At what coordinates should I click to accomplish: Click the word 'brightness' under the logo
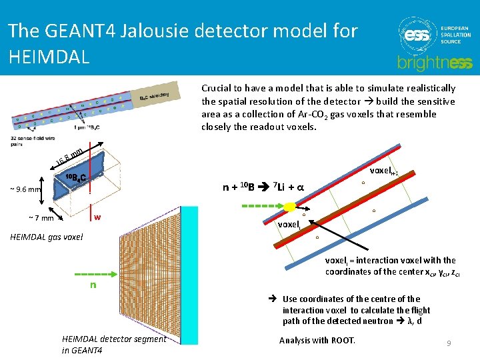434,63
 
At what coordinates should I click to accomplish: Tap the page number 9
449,343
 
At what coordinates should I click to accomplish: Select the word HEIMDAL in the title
49,56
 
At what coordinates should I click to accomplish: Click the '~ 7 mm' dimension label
41,218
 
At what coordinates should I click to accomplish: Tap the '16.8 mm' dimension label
69,157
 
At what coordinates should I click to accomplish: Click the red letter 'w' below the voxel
97,217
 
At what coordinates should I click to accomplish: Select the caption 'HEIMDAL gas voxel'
46,237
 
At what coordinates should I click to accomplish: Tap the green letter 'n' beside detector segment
93,285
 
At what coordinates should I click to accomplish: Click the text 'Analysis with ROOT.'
317,340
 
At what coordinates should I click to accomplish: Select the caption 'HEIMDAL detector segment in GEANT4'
115,344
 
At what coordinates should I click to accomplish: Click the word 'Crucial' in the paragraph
217,88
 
